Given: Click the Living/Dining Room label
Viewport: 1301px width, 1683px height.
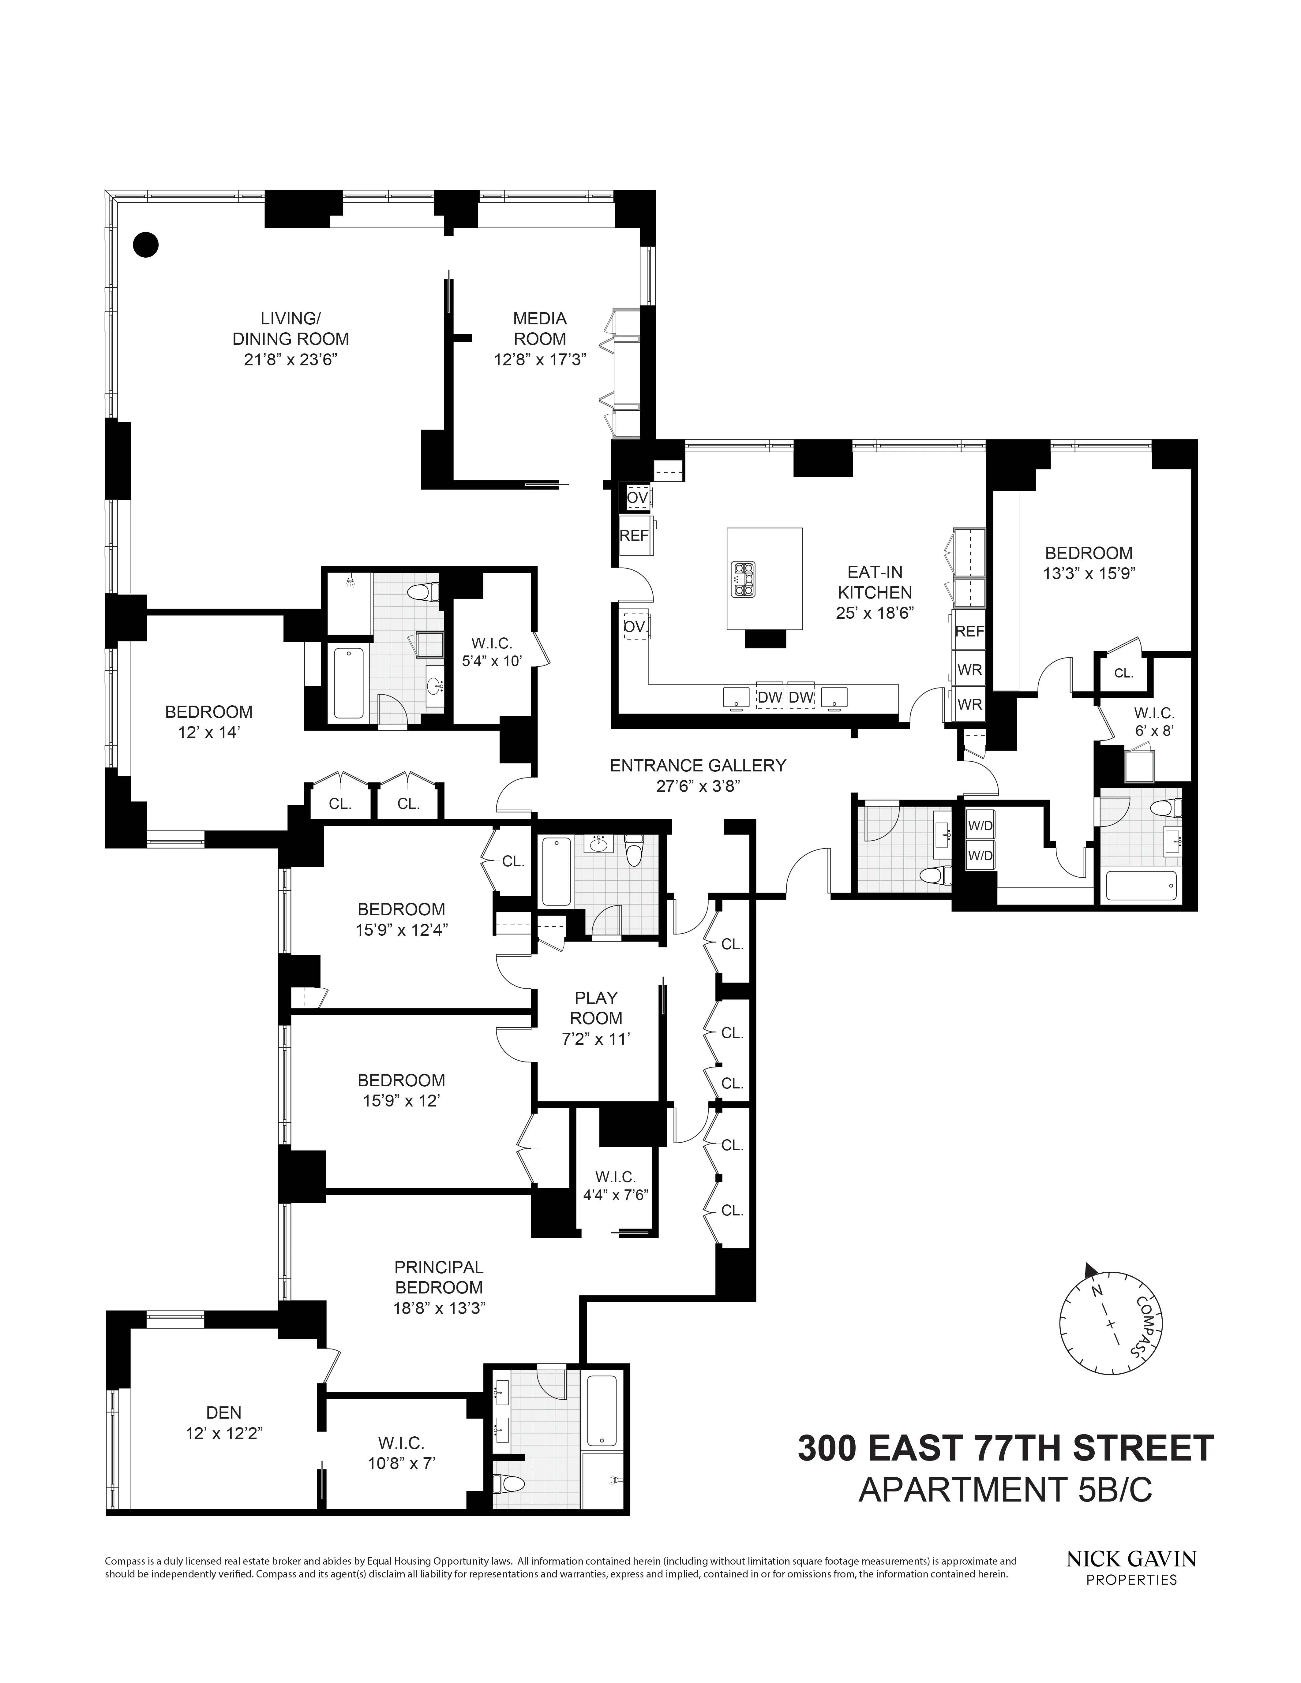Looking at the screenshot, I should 291,328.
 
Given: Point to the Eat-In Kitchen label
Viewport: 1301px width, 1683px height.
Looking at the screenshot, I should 875,582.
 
